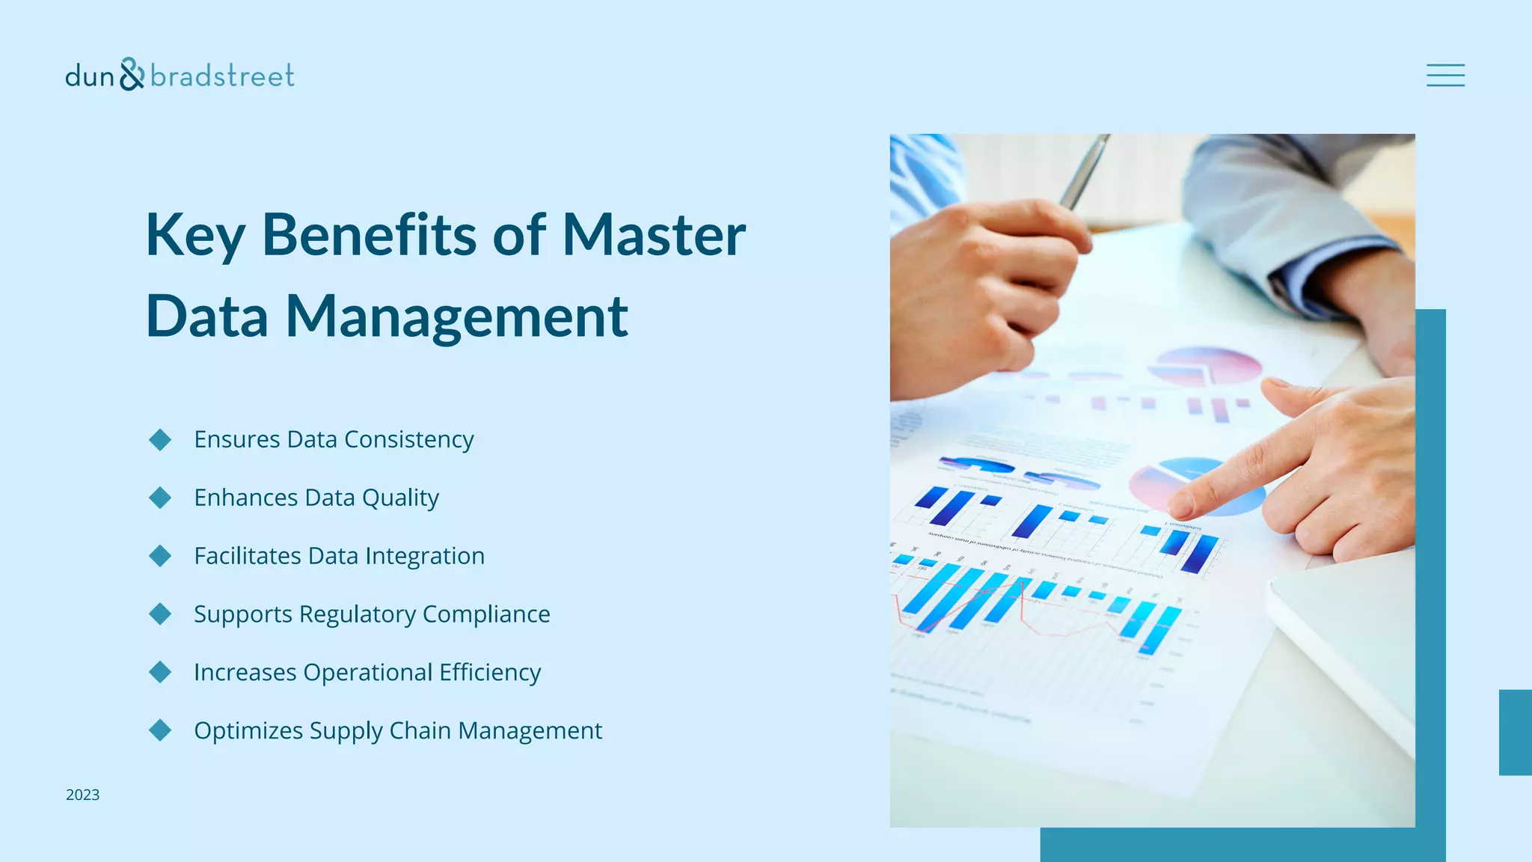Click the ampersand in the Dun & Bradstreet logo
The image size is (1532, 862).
click(132, 74)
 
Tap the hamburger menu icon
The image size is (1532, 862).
click(1445, 76)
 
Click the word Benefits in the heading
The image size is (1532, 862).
click(368, 235)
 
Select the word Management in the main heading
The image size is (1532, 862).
click(456, 317)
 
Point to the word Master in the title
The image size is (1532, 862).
click(654, 235)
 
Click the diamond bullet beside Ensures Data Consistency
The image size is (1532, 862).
click(160, 439)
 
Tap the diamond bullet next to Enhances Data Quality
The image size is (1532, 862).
click(160, 498)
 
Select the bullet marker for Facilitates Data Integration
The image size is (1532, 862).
click(160, 556)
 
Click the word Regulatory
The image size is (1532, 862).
click(358, 614)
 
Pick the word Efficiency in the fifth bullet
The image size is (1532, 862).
click(490, 673)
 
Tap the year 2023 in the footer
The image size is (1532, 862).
click(82, 795)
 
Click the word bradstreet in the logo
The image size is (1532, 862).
click(222, 76)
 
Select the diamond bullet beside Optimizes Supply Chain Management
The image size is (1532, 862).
click(160, 730)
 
